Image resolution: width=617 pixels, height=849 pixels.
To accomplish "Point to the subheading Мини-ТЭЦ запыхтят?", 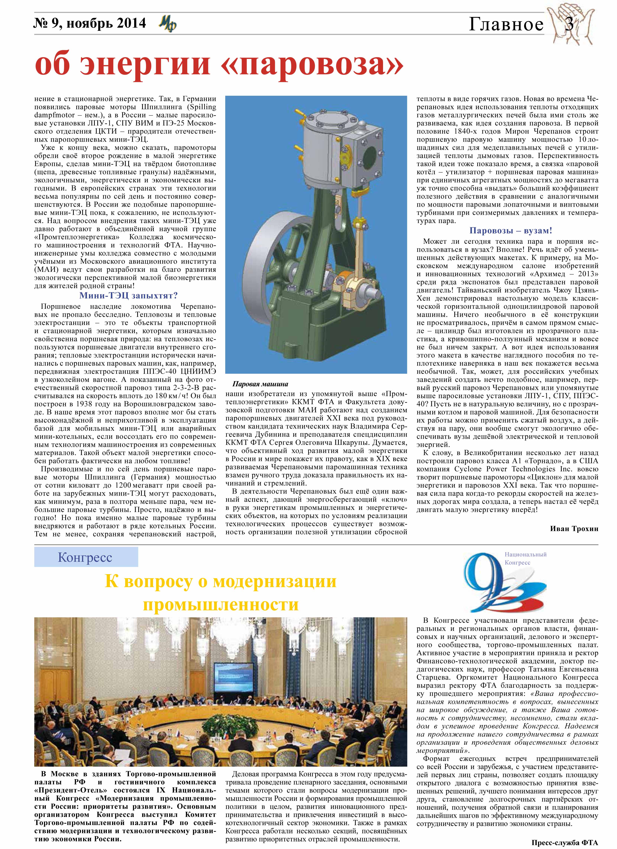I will (128, 296).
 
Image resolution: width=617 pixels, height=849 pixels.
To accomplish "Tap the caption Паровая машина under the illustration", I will (260, 384).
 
